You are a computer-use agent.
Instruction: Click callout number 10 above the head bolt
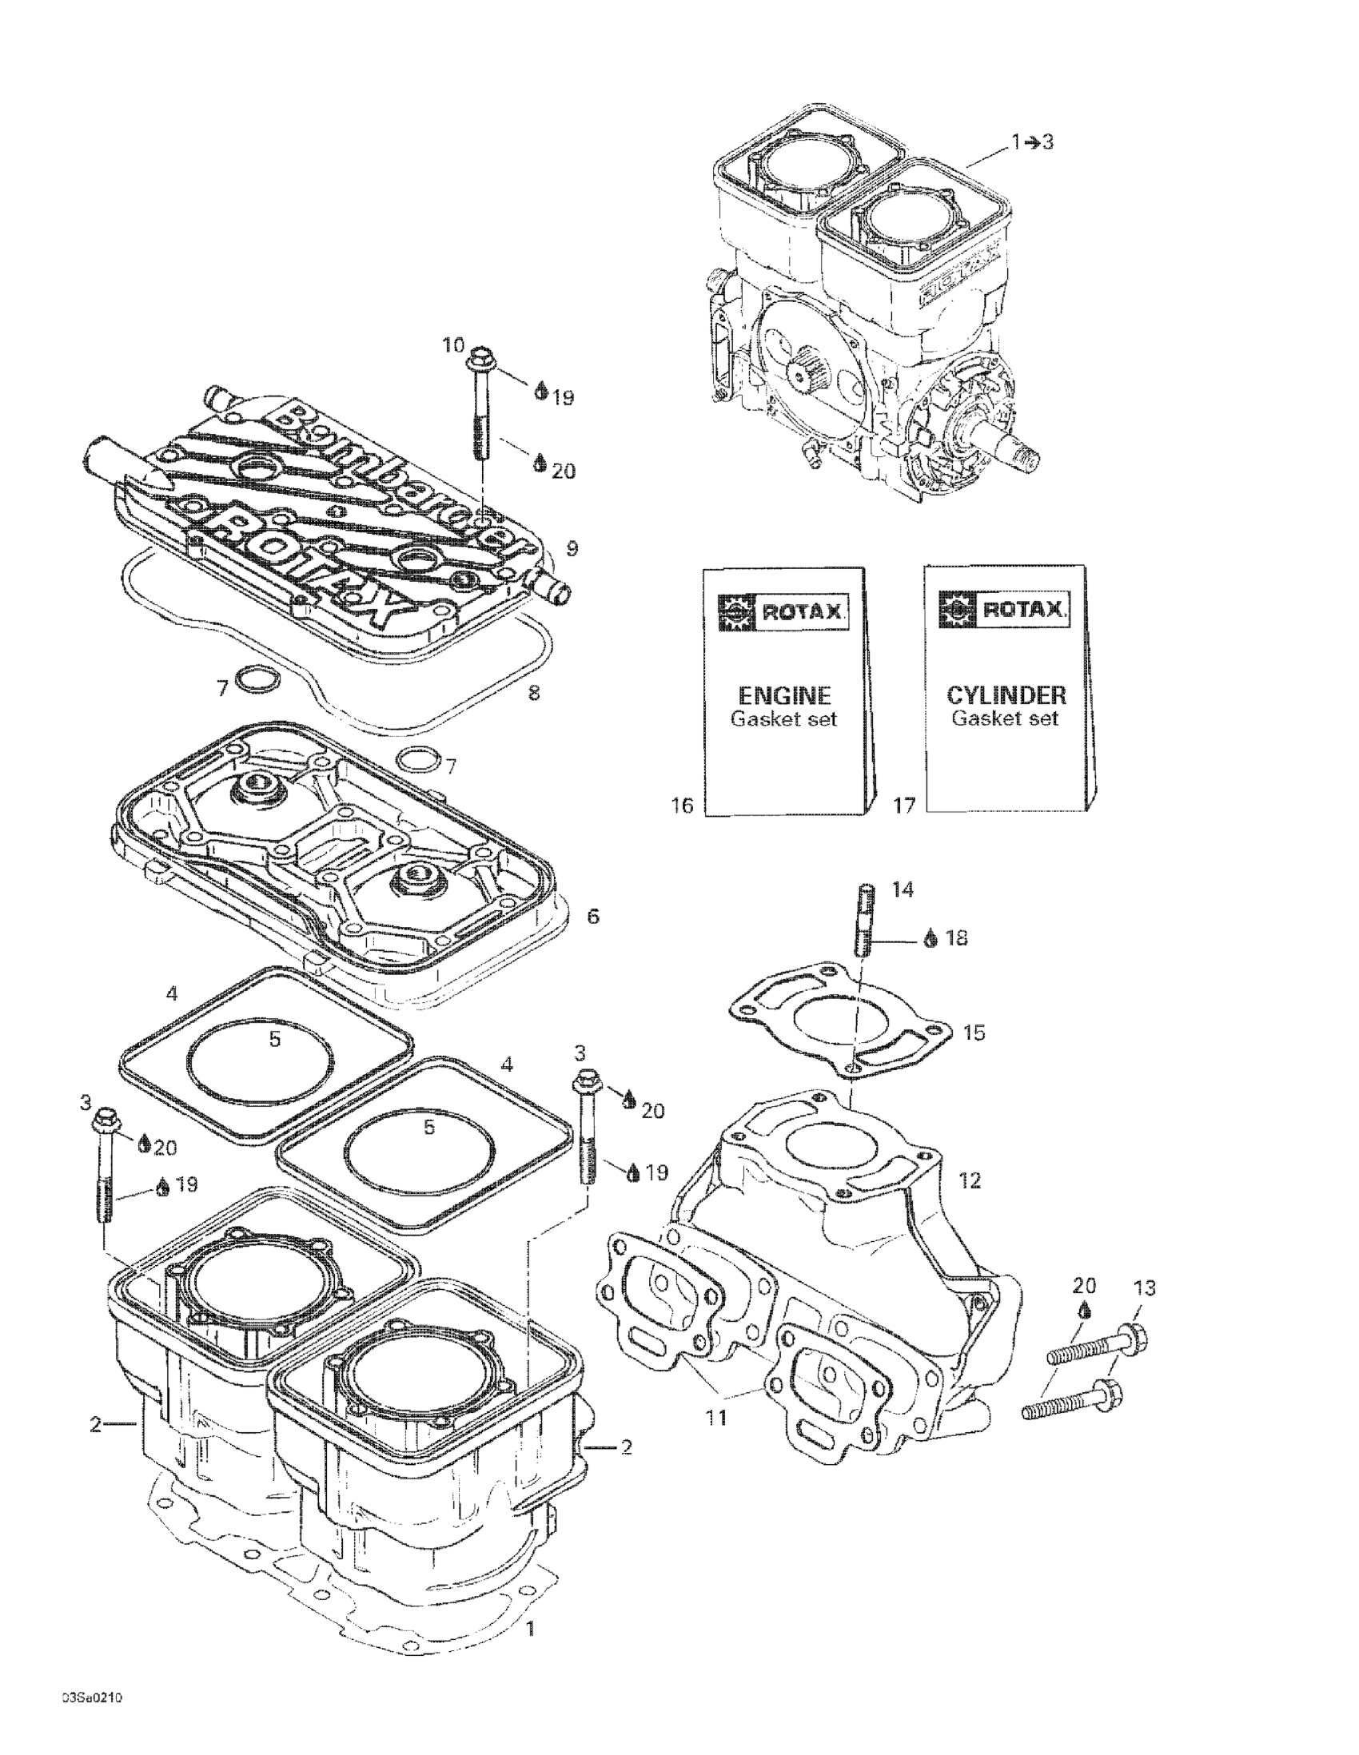click(453, 345)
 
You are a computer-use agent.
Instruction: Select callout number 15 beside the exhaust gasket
click(973, 1032)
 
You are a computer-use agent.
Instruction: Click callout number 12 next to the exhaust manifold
click(970, 1180)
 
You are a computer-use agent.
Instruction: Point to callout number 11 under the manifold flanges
click(715, 1418)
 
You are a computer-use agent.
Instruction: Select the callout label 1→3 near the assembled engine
click(1032, 142)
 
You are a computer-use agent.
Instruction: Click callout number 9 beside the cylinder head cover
click(572, 549)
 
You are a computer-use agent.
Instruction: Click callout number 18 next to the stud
click(955, 937)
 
